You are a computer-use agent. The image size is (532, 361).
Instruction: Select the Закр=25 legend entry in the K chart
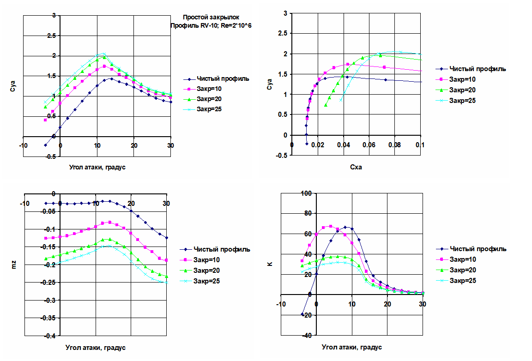pos(463,280)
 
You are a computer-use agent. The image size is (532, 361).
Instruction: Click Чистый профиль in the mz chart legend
pos(222,249)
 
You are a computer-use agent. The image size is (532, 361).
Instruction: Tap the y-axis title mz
pos(13,265)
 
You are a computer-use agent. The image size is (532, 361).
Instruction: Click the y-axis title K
pos(270,265)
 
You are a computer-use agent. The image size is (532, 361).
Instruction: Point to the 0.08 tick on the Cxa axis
pos(394,145)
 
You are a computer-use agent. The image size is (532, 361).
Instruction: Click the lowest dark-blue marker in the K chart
pos(302,314)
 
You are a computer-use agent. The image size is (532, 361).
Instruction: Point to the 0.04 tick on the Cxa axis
pos(343,145)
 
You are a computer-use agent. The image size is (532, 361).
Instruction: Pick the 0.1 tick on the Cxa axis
pos(420,145)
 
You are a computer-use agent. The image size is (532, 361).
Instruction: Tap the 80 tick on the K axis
pos(308,213)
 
